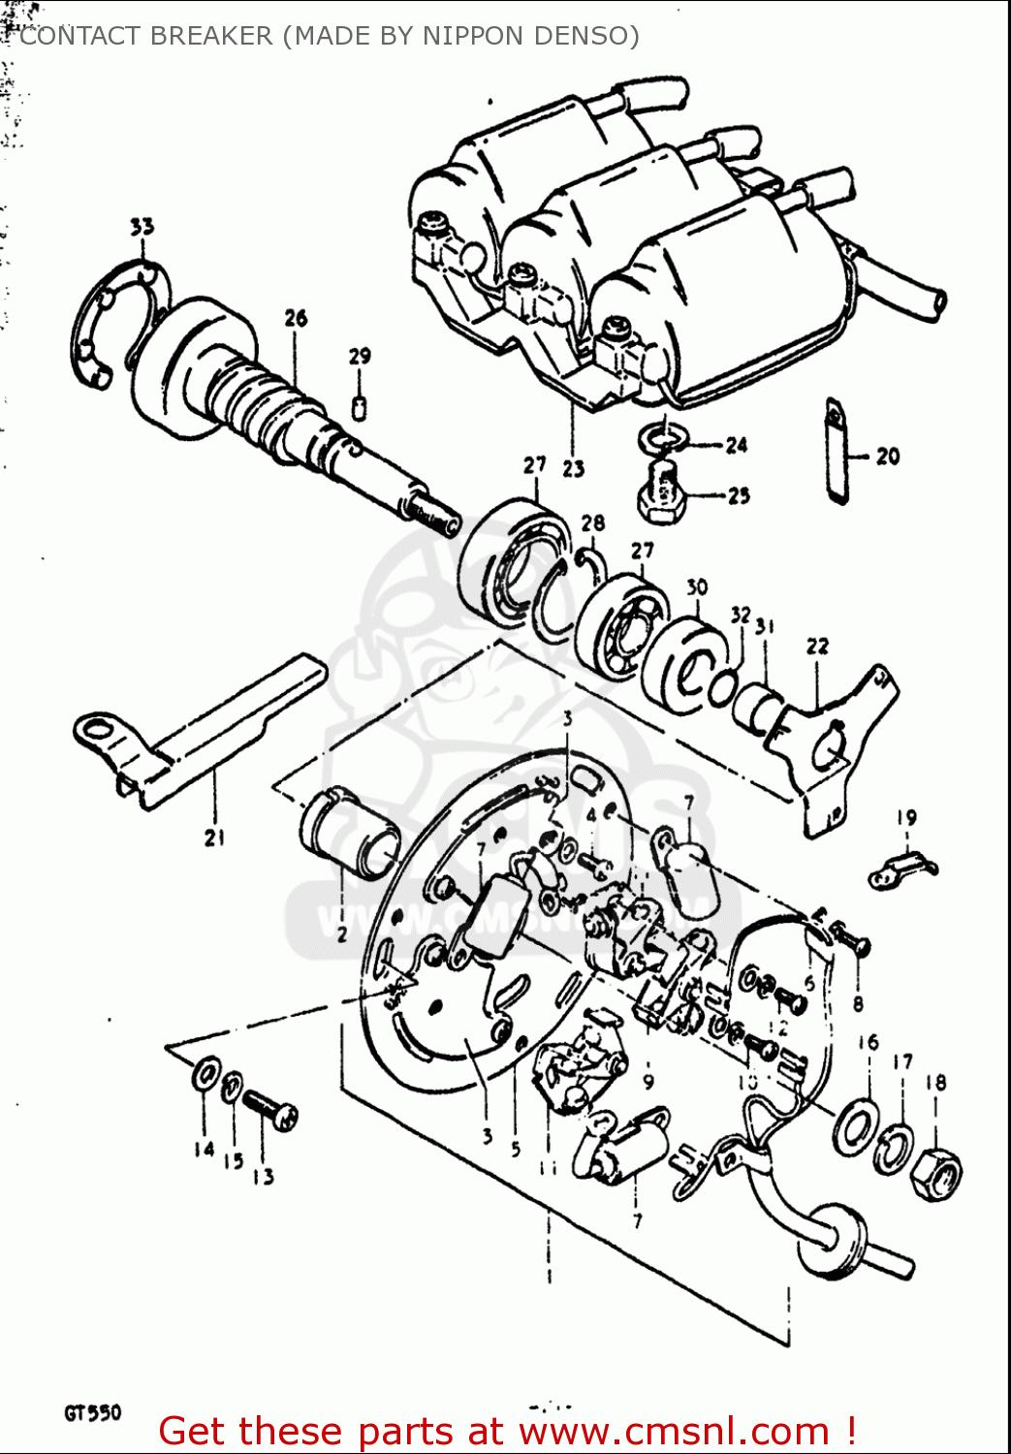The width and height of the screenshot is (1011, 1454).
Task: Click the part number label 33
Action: (142, 227)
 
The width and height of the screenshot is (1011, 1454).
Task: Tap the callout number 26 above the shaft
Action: (296, 318)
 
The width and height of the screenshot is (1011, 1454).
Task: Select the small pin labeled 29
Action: (359, 408)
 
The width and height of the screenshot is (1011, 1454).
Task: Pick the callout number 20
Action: (887, 456)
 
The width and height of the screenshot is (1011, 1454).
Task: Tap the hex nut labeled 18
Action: (937, 1174)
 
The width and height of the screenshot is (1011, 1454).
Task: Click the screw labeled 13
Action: (269, 1110)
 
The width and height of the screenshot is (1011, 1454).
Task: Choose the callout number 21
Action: (214, 838)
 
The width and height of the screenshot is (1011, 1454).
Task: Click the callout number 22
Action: (817, 646)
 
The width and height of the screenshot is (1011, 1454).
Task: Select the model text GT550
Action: (93, 1412)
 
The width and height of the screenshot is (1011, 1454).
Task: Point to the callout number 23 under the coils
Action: (573, 468)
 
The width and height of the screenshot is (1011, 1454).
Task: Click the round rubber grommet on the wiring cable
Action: (832, 1237)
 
